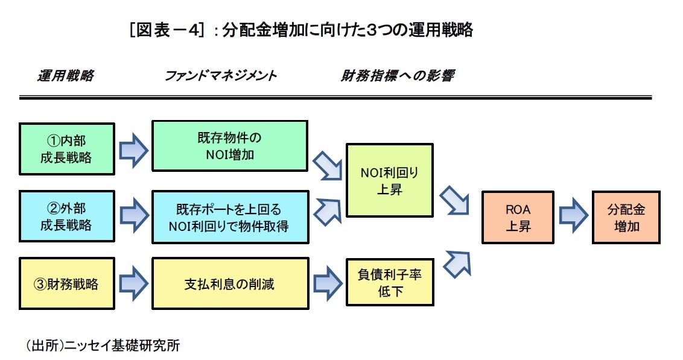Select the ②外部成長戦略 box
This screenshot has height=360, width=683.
[66, 216]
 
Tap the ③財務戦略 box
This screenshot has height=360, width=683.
[66, 283]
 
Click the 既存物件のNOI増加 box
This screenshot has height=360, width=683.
[229, 146]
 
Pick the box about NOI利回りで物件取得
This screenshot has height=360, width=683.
[229, 217]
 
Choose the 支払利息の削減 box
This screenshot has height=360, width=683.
[229, 283]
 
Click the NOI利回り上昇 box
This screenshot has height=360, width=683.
[389, 180]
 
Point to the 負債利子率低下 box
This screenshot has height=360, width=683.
[389, 282]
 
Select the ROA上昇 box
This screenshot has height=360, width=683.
[518, 217]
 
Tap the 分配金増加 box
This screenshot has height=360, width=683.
[626, 217]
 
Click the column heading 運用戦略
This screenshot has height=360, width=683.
[65, 77]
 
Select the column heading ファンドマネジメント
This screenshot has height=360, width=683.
[220, 77]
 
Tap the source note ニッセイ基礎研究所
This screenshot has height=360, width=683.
[103, 346]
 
